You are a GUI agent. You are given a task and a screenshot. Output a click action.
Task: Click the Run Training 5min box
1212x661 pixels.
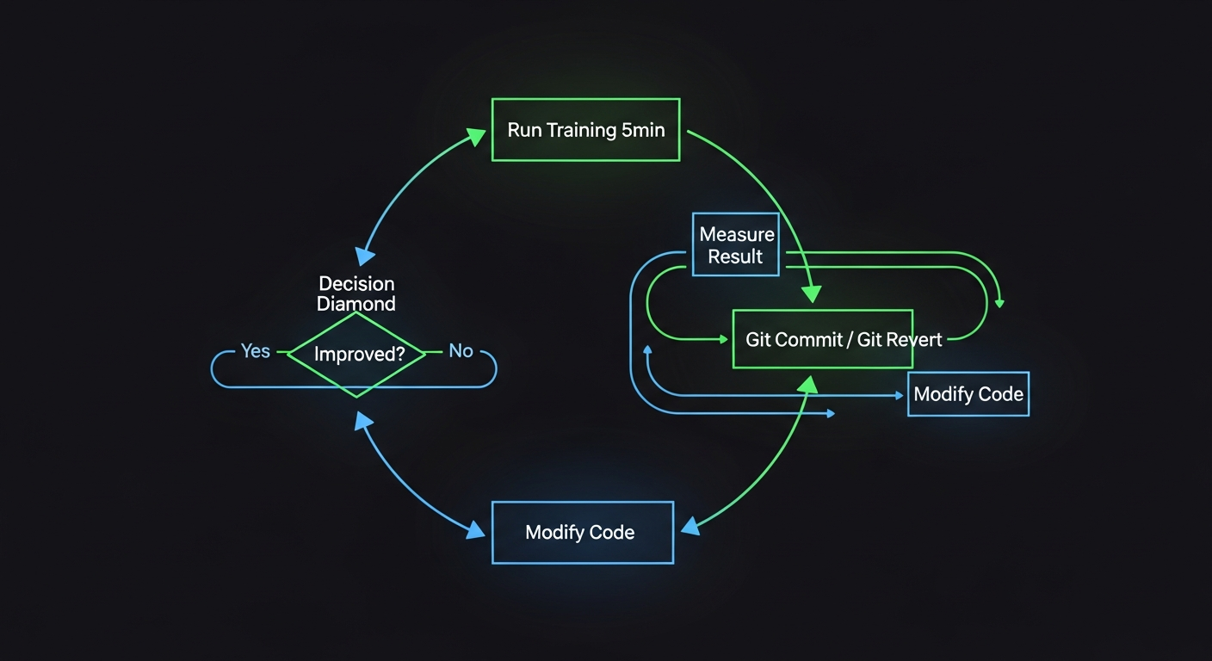585,130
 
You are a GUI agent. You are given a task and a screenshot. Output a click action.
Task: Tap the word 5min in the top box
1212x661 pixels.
642,131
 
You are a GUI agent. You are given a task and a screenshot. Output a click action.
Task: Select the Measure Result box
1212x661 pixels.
736,245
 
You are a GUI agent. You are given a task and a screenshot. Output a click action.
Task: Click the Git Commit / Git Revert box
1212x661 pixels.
822,339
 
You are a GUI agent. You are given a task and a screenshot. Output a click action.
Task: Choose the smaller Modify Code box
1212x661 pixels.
968,394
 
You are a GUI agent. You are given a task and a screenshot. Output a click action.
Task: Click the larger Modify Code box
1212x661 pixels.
582,532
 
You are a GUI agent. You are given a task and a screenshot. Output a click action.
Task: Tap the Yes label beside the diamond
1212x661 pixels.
255,351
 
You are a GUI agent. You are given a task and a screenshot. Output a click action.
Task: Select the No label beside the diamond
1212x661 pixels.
461,351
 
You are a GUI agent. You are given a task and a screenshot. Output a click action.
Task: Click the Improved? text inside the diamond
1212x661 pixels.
359,354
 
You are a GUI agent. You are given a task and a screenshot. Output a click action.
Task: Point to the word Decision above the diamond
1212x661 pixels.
356,284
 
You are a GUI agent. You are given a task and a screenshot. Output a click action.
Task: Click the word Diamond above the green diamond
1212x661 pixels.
356,304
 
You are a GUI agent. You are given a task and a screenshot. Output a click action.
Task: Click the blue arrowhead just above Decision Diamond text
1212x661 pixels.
365,255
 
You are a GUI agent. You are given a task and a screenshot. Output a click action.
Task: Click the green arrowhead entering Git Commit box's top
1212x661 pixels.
811,294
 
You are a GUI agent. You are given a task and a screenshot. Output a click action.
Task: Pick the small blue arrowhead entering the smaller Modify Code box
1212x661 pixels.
899,395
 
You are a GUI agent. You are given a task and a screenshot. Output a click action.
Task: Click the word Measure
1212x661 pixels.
737,234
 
